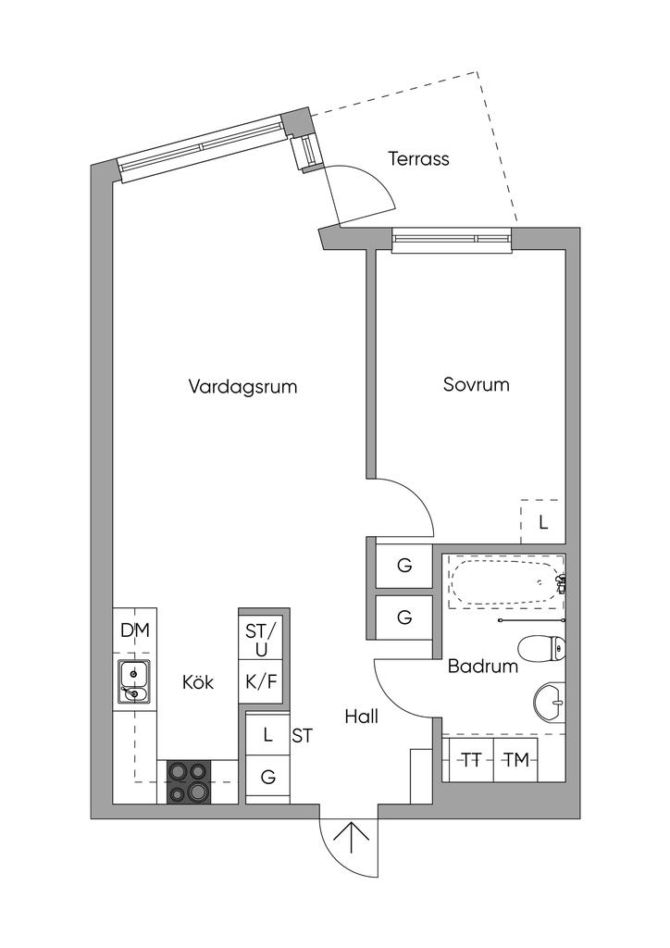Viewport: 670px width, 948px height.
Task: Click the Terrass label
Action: [418, 159]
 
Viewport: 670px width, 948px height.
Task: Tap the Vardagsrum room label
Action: [242, 386]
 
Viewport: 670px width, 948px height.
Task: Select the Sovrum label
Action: [476, 384]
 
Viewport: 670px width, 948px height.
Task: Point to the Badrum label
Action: [483, 667]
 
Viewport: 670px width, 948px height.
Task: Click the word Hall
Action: [361, 717]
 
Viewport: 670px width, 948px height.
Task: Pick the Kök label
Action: [198, 682]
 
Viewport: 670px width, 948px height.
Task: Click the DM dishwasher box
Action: [135, 630]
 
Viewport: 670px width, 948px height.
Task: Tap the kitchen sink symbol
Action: [134, 682]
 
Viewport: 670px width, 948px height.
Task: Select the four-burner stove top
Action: [189, 781]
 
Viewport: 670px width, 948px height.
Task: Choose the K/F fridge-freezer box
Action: [261, 682]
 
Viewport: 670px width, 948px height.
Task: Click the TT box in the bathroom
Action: [472, 759]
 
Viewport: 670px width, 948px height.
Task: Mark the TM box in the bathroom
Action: [516, 759]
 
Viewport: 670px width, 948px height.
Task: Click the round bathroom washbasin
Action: [550, 703]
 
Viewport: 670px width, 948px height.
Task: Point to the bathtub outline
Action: [506, 582]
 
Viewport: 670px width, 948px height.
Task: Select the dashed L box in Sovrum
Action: [542, 522]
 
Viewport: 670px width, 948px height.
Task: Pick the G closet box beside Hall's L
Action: [267, 777]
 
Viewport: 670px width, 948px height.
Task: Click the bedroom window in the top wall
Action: [453, 240]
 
